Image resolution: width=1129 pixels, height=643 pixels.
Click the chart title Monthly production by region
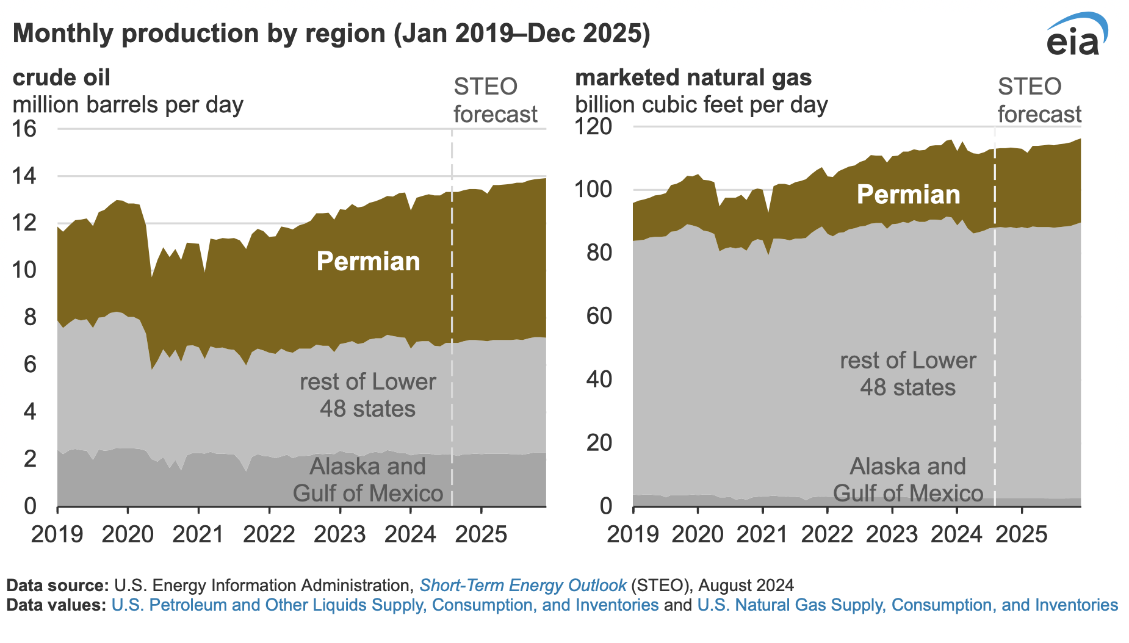pyautogui.click(x=331, y=34)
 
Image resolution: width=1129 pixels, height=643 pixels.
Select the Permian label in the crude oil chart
pyautogui.click(x=368, y=262)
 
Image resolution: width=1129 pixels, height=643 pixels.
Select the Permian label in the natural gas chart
pyautogui.click(x=908, y=195)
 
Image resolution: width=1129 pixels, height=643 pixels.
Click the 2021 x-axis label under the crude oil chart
pyautogui.click(x=198, y=534)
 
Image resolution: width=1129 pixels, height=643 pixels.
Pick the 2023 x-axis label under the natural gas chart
pyautogui.click(x=892, y=534)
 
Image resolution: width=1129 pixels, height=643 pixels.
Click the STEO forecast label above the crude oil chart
pyautogui.click(x=495, y=101)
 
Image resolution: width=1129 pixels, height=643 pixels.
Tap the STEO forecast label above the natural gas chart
pyautogui.click(x=1039, y=101)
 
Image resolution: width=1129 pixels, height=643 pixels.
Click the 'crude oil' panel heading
pyautogui.click(x=62, y=78)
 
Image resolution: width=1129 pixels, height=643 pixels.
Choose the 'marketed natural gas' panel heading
pyautogui.click(x=693, y=78)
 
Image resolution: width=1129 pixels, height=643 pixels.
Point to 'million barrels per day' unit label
pyautogui.click(x=128, y=105)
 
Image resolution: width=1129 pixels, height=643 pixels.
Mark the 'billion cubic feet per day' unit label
pyautogui.click(x=701, y=105)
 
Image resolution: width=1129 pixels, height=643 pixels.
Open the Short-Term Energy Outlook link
pyautogui.click(x=523, y=586)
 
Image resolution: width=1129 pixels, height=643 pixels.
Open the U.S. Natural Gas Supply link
pyautogui.click(x=907, y=605)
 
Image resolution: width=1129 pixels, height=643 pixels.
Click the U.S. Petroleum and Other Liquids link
pyautogui.click(x=385, y=605)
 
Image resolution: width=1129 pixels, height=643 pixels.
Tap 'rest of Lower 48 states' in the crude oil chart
pyautogui.click(x=367, y=395)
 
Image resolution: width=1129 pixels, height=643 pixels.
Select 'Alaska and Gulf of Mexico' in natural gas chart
pyautogui.click(x=907, y=480)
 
